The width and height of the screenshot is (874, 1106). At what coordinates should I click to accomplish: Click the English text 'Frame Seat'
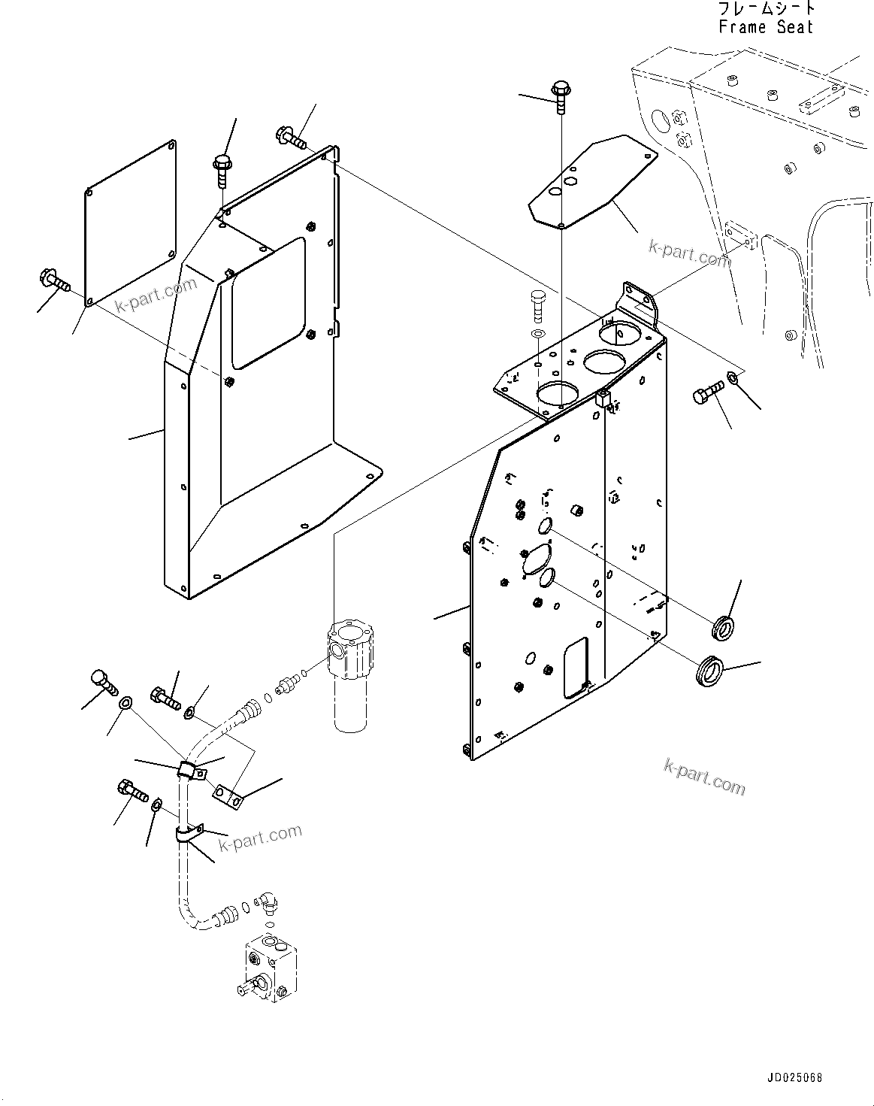tap(765, 27)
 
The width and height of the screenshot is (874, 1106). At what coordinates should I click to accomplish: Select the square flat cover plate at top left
tap(130, 223)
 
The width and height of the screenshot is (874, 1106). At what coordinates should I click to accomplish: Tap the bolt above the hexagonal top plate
tap(560, 93)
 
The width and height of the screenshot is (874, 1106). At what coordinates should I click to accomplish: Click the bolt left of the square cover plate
tap(52, 281)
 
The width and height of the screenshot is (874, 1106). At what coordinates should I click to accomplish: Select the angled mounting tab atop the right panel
tap(638, 299)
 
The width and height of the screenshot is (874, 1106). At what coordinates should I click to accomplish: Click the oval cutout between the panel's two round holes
tap(535, 559)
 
